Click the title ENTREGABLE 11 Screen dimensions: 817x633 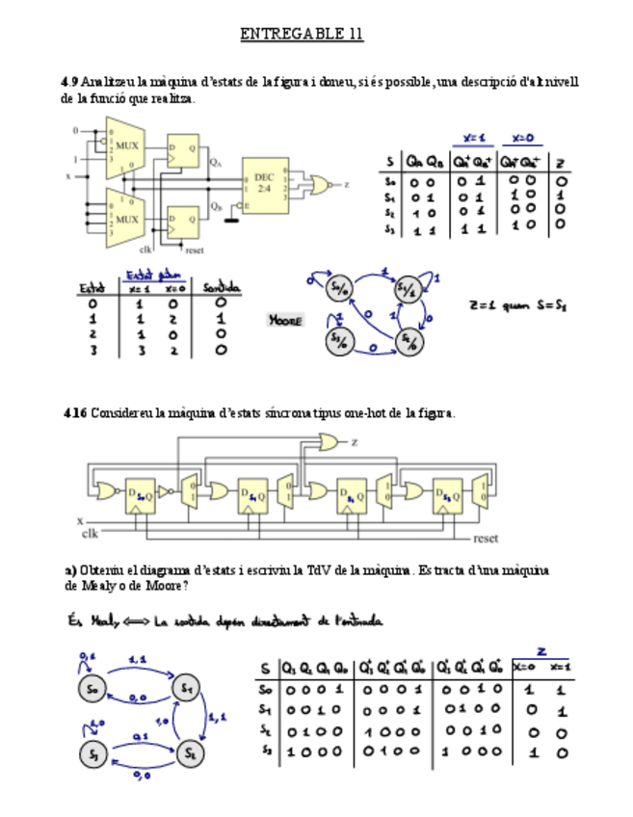click(x=302, y=35)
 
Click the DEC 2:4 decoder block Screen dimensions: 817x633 click(x=265, y=182)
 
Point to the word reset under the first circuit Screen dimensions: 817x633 click(x=195, y=250)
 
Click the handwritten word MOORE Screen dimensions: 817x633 click(x=285, y=319)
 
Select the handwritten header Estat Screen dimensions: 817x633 click(x=92, y=287)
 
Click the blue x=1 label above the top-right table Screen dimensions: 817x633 click(x=474, y=137)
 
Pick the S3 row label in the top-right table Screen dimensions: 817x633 click(x=388, y=228)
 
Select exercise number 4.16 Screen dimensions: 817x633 click(x=74, y=413)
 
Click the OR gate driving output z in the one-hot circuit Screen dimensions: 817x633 click(x=329, y=442)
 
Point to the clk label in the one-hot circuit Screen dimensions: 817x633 click(x=90, y=532)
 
